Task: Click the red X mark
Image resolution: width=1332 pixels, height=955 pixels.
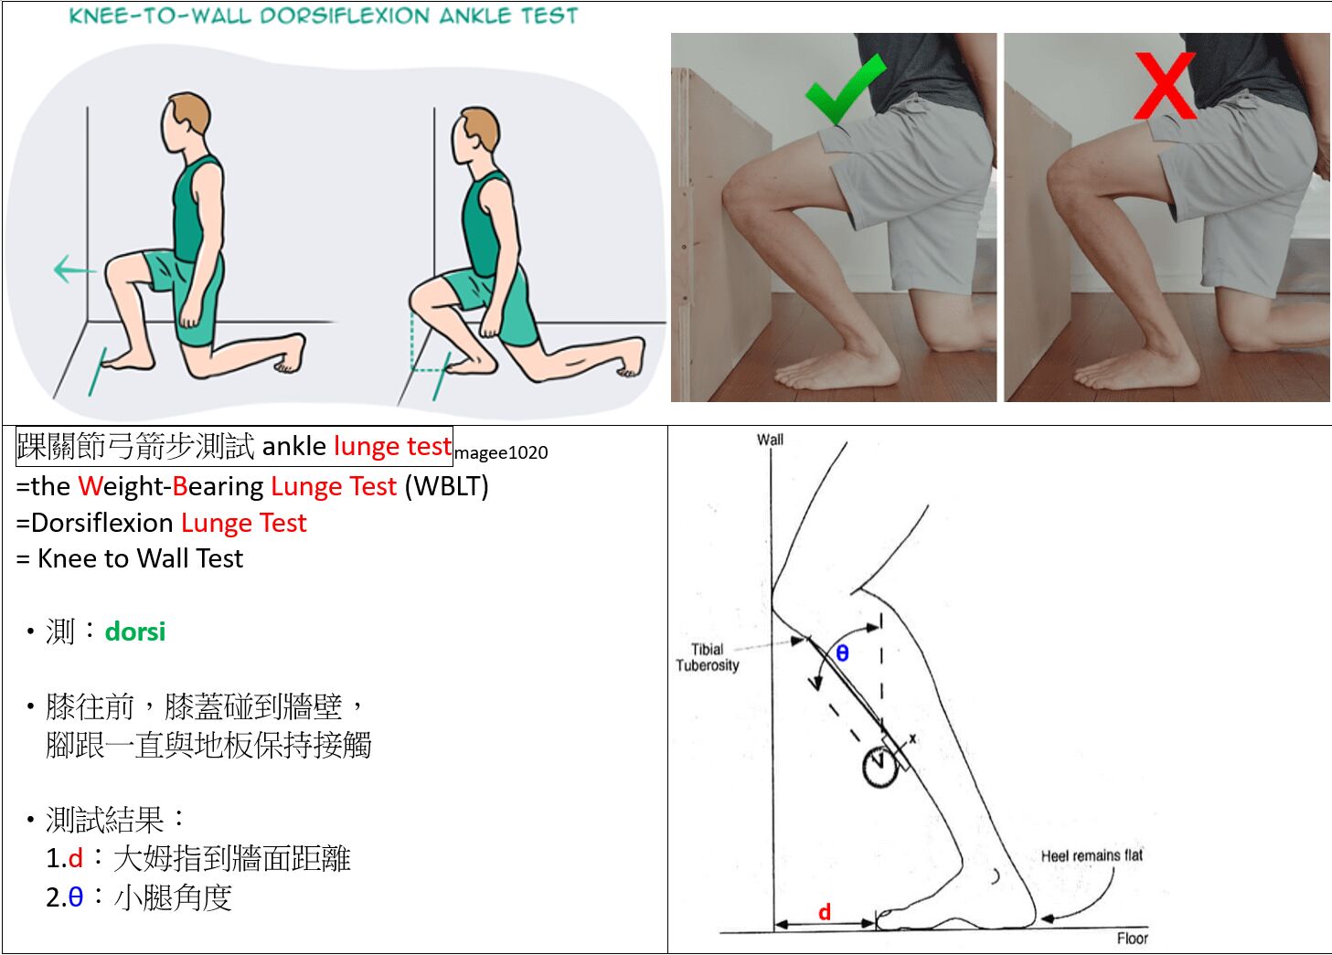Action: pos(1165,86)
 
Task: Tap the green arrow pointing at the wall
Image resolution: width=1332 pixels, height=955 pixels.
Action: pos(74,270)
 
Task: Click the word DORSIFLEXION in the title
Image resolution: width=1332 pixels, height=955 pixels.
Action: pos(345,16)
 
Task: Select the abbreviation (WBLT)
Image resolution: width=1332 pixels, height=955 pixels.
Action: pos(446,486)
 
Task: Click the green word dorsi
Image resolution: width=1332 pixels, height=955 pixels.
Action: pos(135,631)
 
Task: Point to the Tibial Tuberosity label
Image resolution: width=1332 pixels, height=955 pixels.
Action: pos(707,657)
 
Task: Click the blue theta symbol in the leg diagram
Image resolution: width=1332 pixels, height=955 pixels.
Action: pos(842,653)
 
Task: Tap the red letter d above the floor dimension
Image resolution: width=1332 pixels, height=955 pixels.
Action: pos(825,912)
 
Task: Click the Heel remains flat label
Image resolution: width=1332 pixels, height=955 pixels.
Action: pos(1092,855)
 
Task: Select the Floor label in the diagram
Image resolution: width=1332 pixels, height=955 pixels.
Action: pos(1132,939)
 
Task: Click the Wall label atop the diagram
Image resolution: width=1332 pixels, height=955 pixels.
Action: pos(770,440)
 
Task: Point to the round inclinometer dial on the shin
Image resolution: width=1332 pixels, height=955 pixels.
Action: pos(879,768)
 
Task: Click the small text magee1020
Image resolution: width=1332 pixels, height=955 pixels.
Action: pos(501,453)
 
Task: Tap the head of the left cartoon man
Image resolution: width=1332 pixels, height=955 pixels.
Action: pos(185,123)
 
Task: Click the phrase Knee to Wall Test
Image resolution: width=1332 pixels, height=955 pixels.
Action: pos(141,558)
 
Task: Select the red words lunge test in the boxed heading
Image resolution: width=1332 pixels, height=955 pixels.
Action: pos(392,446)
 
